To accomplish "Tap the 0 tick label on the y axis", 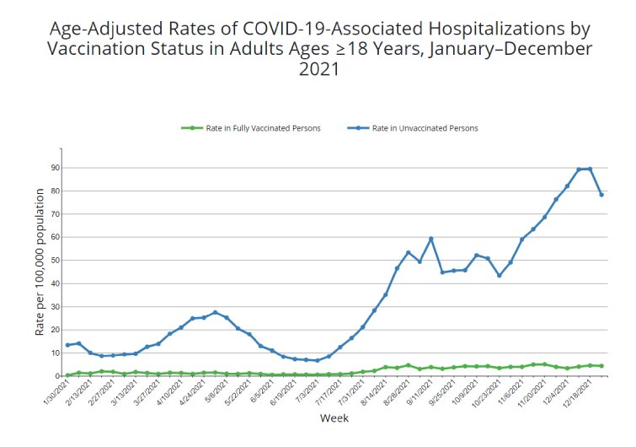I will (x=56, y=375).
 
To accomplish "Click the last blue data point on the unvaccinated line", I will (x=601, y=195).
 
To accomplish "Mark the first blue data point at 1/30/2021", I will (x=67, y=345).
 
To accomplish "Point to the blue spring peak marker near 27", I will (x=215, y=312).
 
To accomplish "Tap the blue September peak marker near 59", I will (x=431, y=239).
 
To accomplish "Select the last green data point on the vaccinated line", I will (x=601, y=366).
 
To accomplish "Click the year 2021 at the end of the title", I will (x=318, y=69).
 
